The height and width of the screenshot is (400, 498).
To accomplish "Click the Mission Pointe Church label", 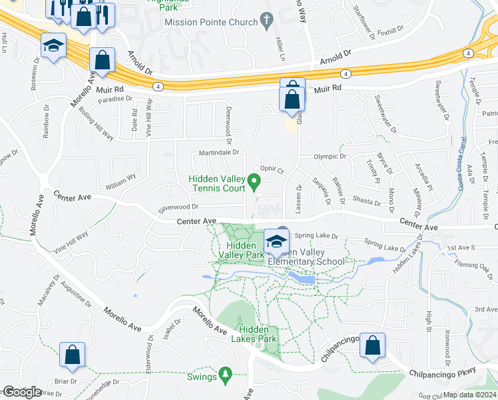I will [211, 22].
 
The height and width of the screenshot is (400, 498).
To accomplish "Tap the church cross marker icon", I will [268, 22].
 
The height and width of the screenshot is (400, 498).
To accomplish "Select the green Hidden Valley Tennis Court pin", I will [253, 181].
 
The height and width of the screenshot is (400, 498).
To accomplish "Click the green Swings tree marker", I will [226, 376].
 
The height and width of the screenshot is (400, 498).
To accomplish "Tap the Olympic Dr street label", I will [331, 157].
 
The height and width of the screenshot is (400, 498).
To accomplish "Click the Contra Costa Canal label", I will [461, 164].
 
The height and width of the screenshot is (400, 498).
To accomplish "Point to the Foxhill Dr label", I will [390, 31].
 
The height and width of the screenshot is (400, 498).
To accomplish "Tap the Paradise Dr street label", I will [112, 101].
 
